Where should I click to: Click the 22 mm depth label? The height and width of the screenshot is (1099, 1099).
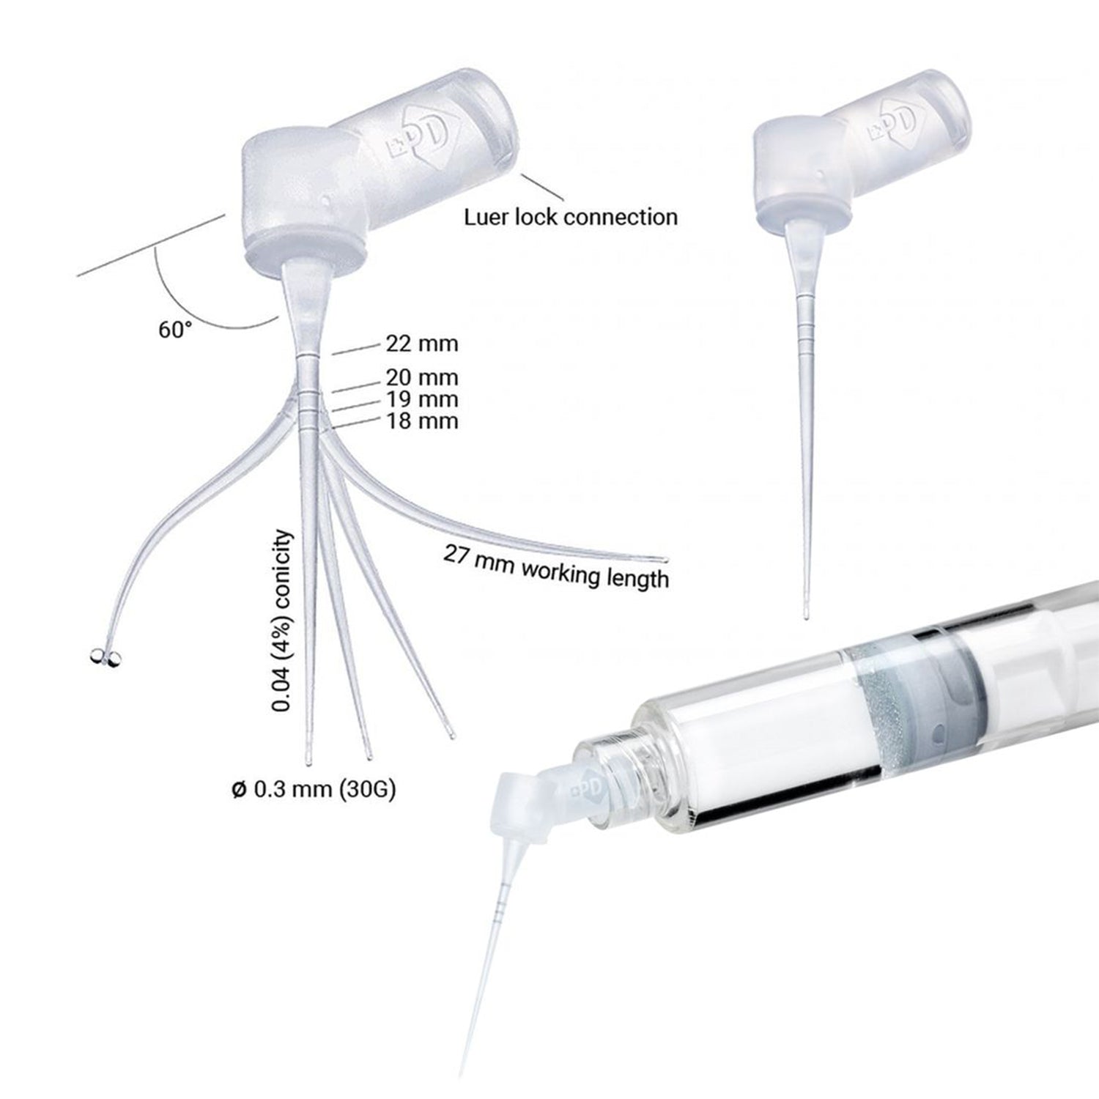[x=421, y=344]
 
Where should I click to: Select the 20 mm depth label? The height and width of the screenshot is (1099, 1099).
[x=421, y=377]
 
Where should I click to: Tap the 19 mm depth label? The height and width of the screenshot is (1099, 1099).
[x=421, y=399]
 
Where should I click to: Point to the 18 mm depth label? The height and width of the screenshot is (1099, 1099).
[x=421, y=421]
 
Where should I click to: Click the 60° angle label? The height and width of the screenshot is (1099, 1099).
[x=174, y=330]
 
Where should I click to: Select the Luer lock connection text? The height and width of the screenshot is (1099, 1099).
[x=571, y=217]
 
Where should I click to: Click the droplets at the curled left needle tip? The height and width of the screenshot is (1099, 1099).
[x=105, y=657]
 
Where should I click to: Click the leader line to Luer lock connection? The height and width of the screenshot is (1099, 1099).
[x=542, y=188]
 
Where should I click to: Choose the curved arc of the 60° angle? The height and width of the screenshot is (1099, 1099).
[x=198, y=308]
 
